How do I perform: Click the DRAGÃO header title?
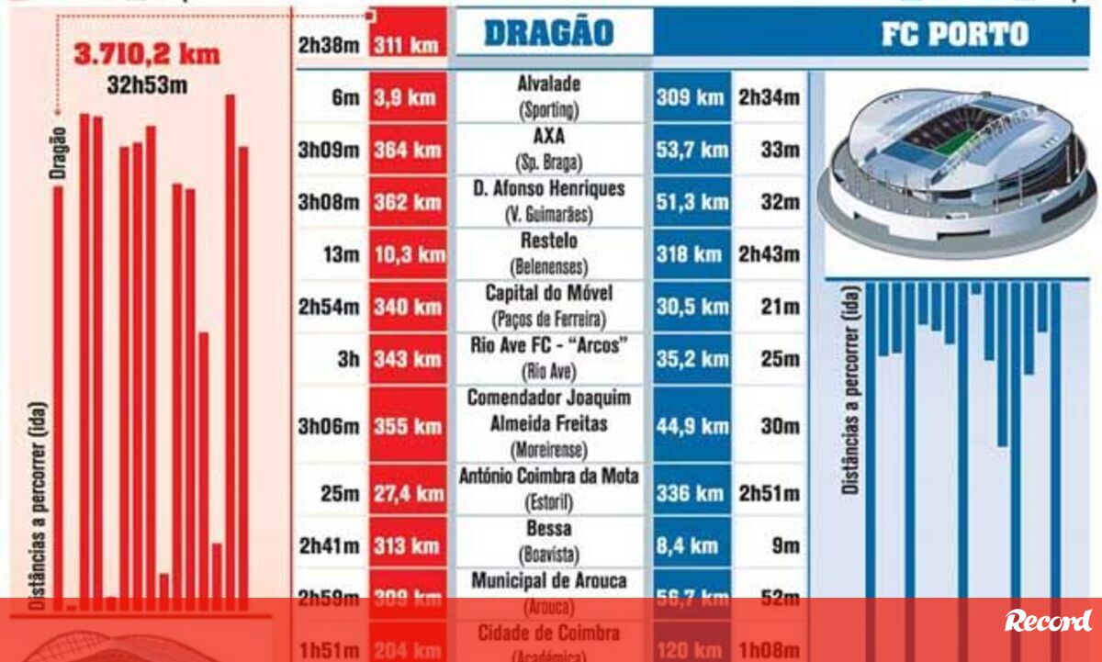[x=547, y=33]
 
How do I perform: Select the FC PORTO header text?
[x=955, y=34]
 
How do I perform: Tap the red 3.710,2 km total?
[x=147, y=54]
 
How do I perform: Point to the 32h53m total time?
[x=148, y=87]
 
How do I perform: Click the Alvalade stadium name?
[x=549, y=84]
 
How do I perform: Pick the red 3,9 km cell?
[x=407, y=97]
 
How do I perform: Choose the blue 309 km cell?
[x=691, y=96]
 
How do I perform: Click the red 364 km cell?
[x=407, y=150]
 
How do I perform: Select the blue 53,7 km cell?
[x=691, y=150]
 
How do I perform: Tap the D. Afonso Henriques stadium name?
[x=549, y=188]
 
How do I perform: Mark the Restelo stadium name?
[x=549, y=241]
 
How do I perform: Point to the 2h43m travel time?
[x=769, y=254]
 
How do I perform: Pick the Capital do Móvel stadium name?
[x=549, y=293]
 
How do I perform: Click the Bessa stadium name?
[x=549, y=529]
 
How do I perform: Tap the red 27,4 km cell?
[x=407, y=494]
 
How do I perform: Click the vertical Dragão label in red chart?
[x=58, y=152]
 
